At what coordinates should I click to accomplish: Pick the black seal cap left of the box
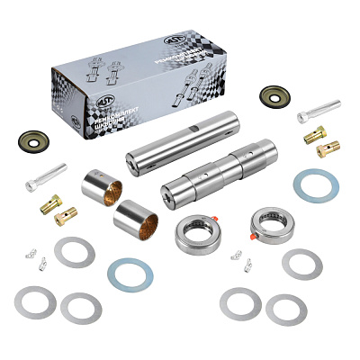32,141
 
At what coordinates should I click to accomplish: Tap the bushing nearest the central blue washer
135,219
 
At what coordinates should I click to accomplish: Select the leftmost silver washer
37,301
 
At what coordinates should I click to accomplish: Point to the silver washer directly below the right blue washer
301,264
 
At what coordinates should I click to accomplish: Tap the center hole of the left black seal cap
32,141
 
